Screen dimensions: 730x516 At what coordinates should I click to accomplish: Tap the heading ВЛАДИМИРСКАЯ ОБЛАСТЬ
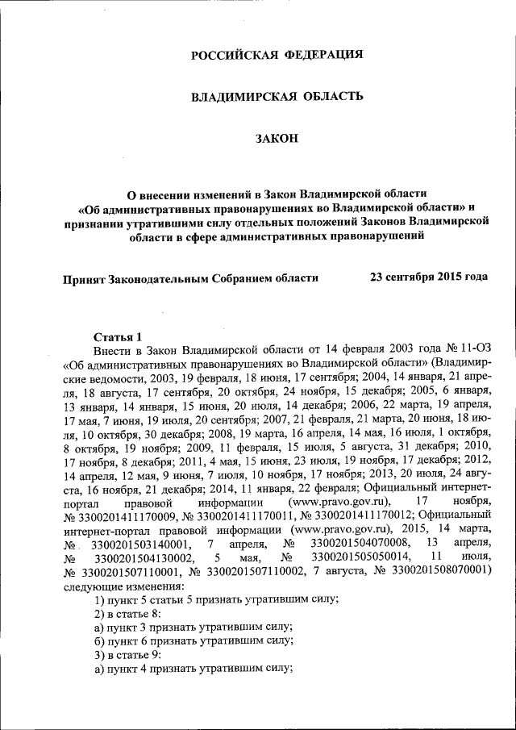click(277, 97)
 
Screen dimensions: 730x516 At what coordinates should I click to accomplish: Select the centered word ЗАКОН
click(277, 140)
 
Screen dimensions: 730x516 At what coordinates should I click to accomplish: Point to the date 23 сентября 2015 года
click(428, 277)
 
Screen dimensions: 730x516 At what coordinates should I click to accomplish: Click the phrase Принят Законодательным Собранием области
click(190, 277)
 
